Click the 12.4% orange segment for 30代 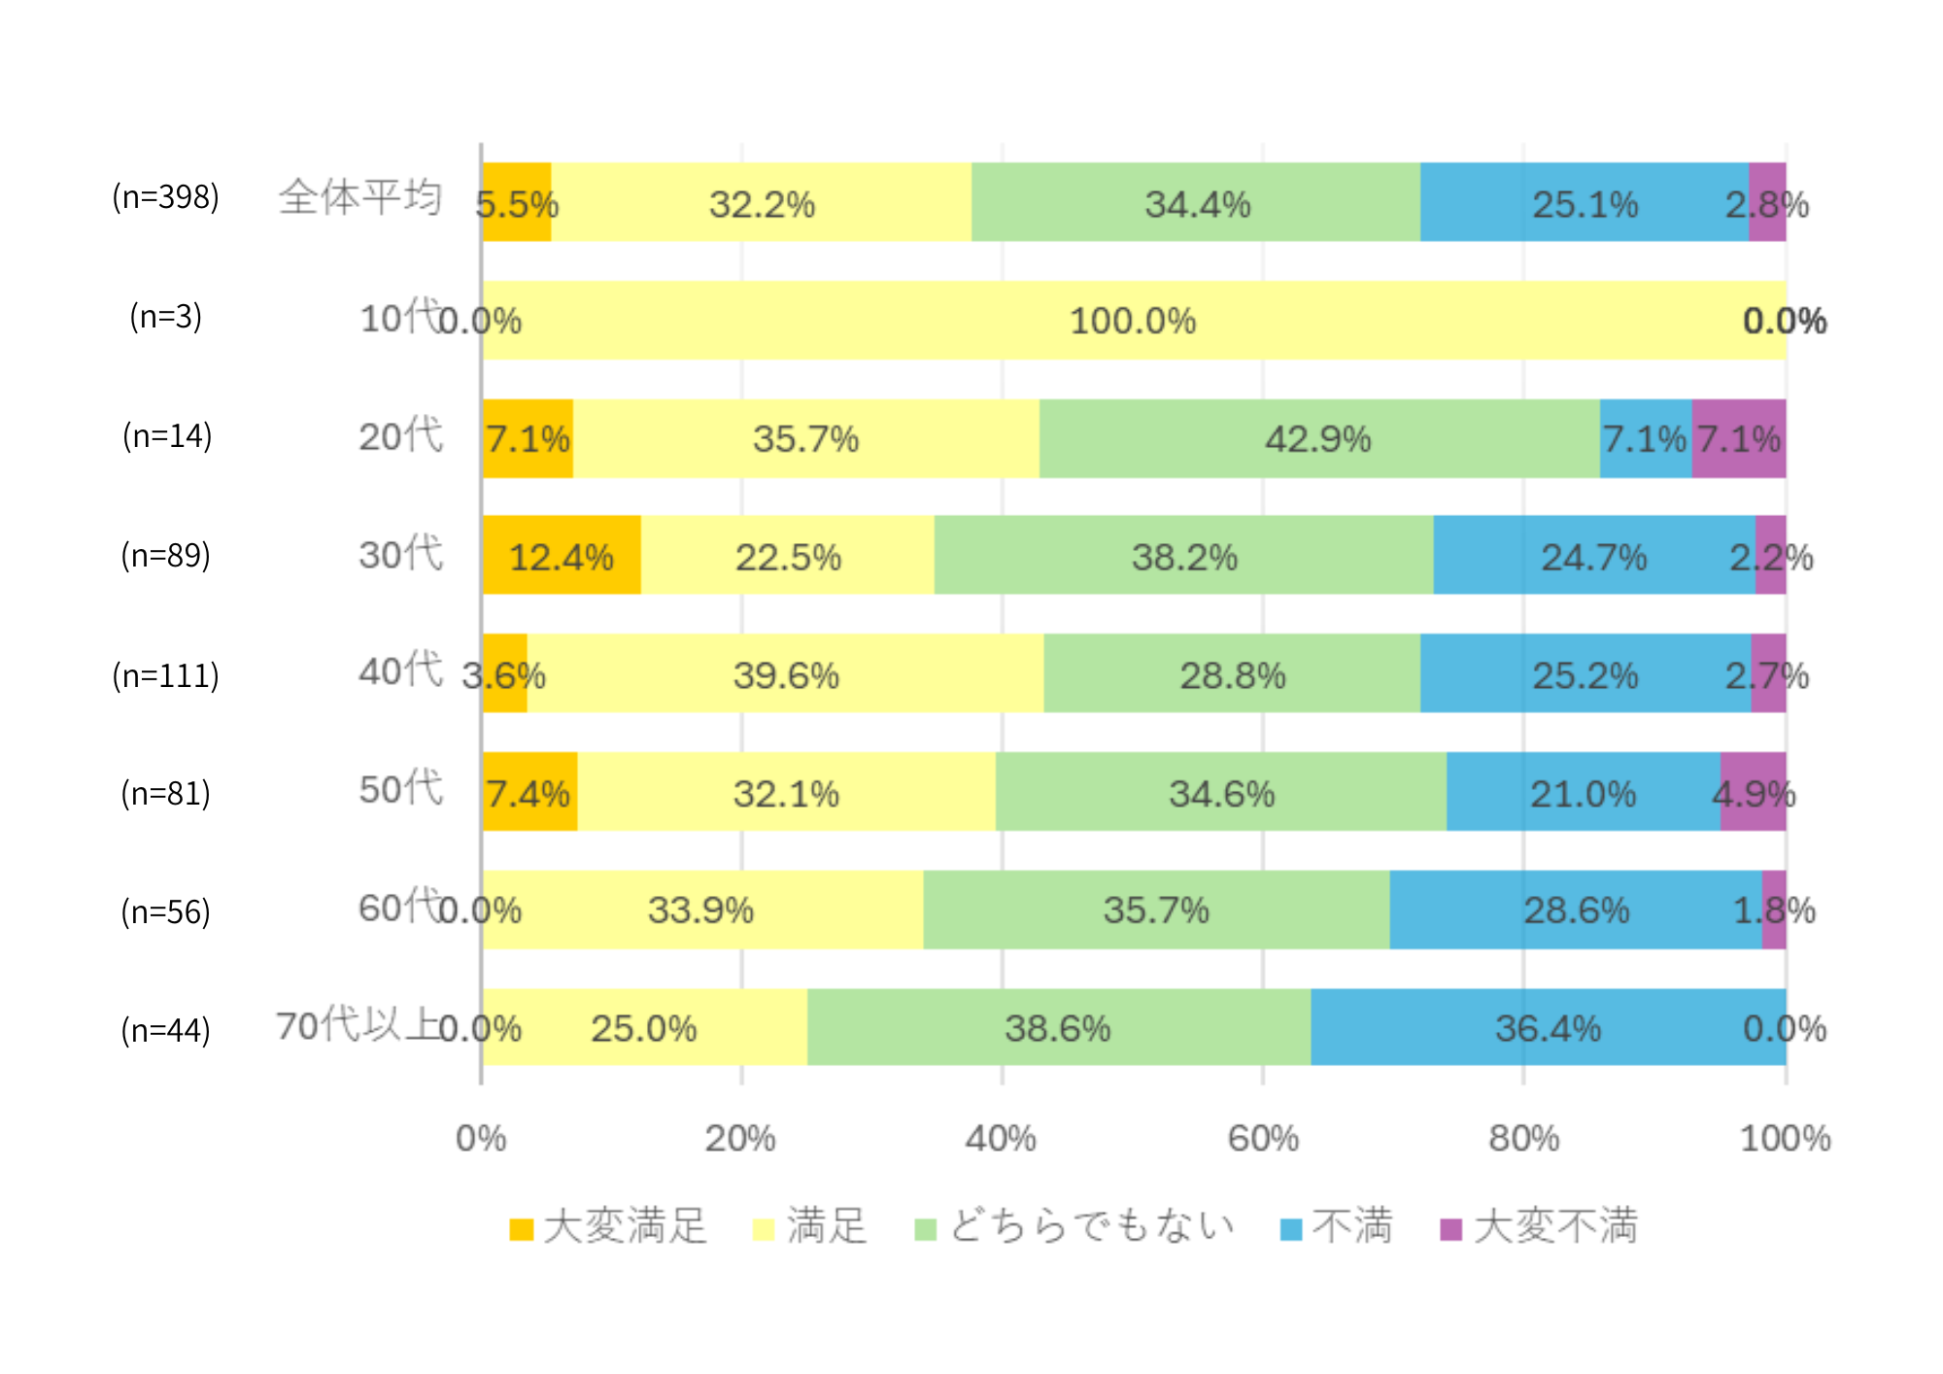[562, 555]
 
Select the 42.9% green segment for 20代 [1318, 438]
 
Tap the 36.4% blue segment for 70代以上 [1548, 1027]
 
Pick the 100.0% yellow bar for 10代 [1133, 321]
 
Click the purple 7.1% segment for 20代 [1738, 438]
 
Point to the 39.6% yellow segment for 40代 [785, 673]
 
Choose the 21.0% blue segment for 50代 [1583, 792]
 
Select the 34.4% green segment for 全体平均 [1196, 202]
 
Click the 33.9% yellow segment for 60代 [701, 910]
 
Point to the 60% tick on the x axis [1263, 1138]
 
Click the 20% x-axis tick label [740, 1138]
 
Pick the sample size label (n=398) [165, 197]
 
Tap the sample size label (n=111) [165, 675]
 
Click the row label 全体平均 [360, 197]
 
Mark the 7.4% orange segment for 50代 [529, 792]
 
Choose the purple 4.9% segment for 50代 [1753, 792]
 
